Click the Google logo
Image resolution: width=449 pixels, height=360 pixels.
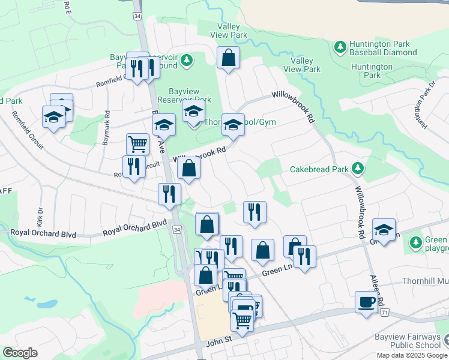coord(20,353)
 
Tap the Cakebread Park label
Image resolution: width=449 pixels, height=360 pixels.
coord(319,169)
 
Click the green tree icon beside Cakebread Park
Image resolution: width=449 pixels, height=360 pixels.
coord(358,169)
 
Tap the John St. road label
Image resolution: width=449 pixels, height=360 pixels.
coord(220,340)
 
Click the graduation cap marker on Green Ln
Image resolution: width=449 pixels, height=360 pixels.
coord(384,230)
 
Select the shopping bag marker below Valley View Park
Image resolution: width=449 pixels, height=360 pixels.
coord(228,58)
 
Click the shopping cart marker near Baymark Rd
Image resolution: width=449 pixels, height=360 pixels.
coord(137,144)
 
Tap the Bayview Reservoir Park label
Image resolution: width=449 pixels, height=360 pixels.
coord(184,95)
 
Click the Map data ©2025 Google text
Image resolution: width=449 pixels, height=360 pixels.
coord(411,355)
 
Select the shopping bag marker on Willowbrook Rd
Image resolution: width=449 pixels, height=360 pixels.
coord(188,170)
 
